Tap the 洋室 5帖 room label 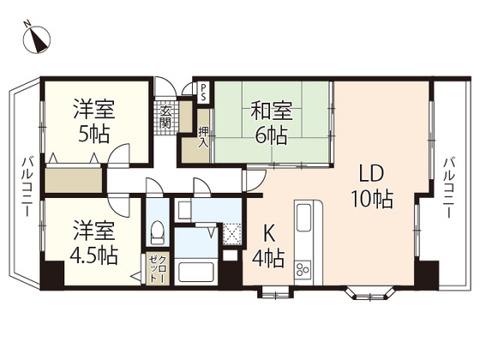pyautogui.click(x=93, y=122)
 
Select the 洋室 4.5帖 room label pyautogui.click(x=93, y=243)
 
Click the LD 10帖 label pyautogui.click(x=371, y=187)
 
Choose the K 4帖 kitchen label pyautogui.click(x=268, y=243)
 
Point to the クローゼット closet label pyautogui.click(x=155, y=267)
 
